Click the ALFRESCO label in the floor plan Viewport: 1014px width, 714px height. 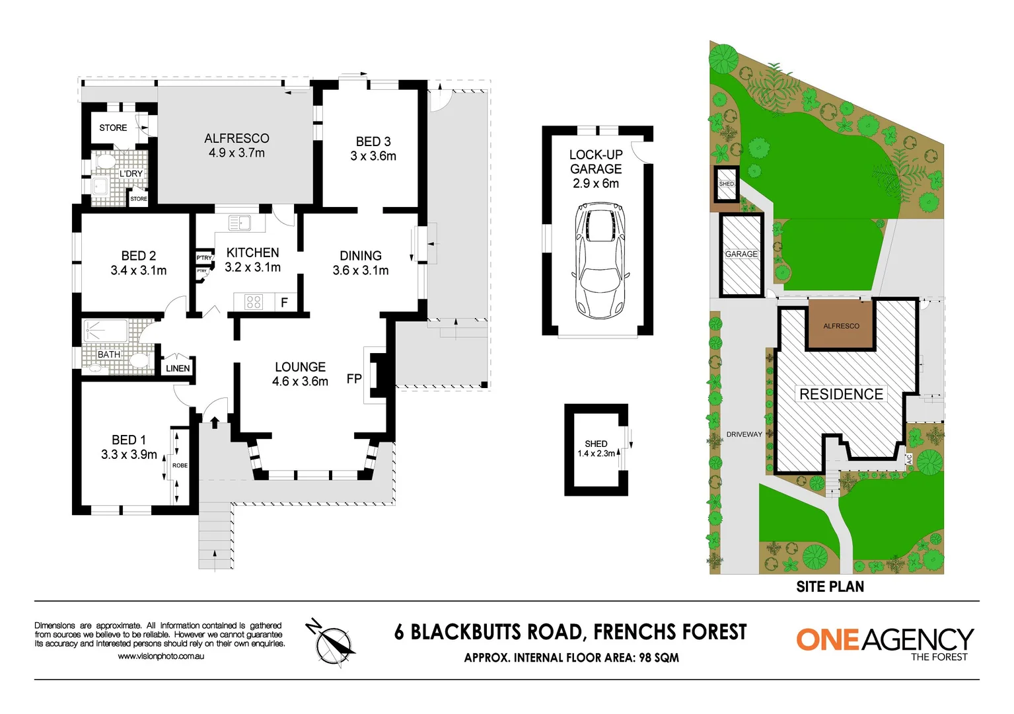pyautogui.click(x=236, y=139)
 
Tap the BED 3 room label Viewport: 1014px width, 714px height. pyautogui.click(x=373, y=141)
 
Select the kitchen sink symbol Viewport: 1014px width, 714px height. pyautogui.click(x=240, y=223)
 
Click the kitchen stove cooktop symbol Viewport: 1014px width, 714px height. pyautogui.click(x=254, y=302)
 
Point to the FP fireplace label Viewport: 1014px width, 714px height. pyautogui.click(x=354, y=379)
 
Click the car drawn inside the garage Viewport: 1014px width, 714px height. pyautogui.click(x=599, y=261)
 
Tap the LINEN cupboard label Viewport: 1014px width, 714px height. pyautogui.click(x=178, y=368)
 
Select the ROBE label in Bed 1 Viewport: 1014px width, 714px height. pyautogui.click(x=180, y=465)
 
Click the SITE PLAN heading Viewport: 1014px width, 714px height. pyautogui.click(x=830, y=586)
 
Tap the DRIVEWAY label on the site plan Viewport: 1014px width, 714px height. pyautogui.click(x=744, y=434)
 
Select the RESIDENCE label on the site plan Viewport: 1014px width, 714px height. pyautogui.click(x=841, y=394)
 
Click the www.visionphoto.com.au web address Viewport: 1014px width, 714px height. pyautogui.click(x=161, y=656)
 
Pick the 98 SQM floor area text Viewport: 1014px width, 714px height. pyautogui.click(x=659, y=658)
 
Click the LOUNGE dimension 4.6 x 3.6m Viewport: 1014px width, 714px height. pyautogui.click(x=300, y=381)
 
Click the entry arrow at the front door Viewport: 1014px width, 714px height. pyautogui.click(x=215, y=422)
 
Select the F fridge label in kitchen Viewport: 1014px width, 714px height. pyautogui.click(x=284, y=303)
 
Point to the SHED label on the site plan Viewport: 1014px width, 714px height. pyautogui.click(x=726, y=184)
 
